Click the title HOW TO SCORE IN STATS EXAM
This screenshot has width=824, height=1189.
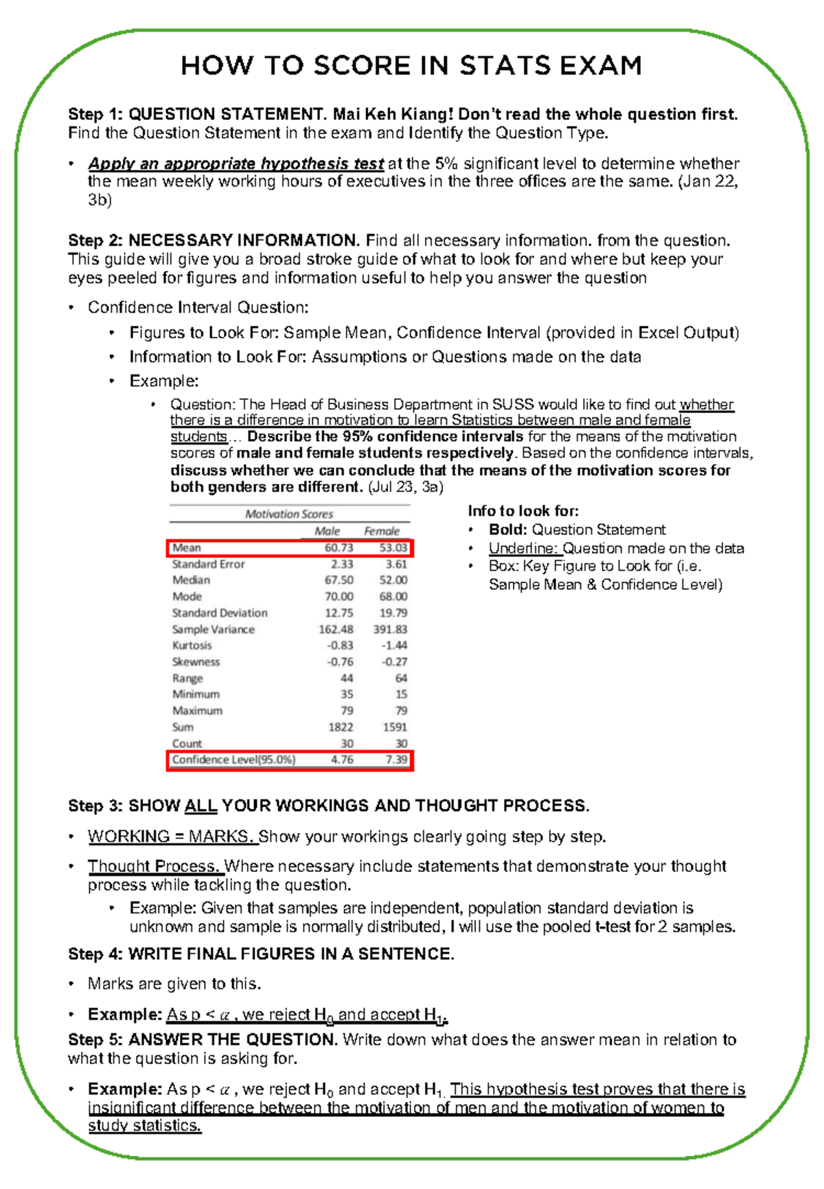click(x=411, y=66)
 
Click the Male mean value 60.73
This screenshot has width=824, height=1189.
click(x=339, y=548)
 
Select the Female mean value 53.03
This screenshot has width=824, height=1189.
click(x=393, y=548)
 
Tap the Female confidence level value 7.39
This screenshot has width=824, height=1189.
click(x=396, y=760)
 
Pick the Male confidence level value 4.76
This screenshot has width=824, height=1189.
click(x=341, y=760)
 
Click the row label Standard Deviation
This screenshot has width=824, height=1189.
click(x=220, y=613)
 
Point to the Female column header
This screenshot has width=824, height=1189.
click(x=381, y=531)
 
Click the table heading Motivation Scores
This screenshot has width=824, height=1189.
click(x=289, y=514)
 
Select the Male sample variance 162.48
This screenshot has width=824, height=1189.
click(x=336, y=629)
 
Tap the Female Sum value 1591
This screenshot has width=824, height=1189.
click(x=395, y=727)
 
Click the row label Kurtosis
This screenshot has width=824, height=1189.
click(x=192, y=646)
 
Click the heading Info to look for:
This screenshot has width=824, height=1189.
click(x=523, y=511)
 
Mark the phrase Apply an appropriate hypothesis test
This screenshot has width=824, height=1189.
click(x=236, y=164)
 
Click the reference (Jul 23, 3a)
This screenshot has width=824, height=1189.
click(x=406, y=487)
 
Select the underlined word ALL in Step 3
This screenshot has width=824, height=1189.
click(x=201, y=805)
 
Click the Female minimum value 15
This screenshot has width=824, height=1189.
click(x=401, y=694)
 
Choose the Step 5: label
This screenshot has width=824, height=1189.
click(x=95, y=1039)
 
